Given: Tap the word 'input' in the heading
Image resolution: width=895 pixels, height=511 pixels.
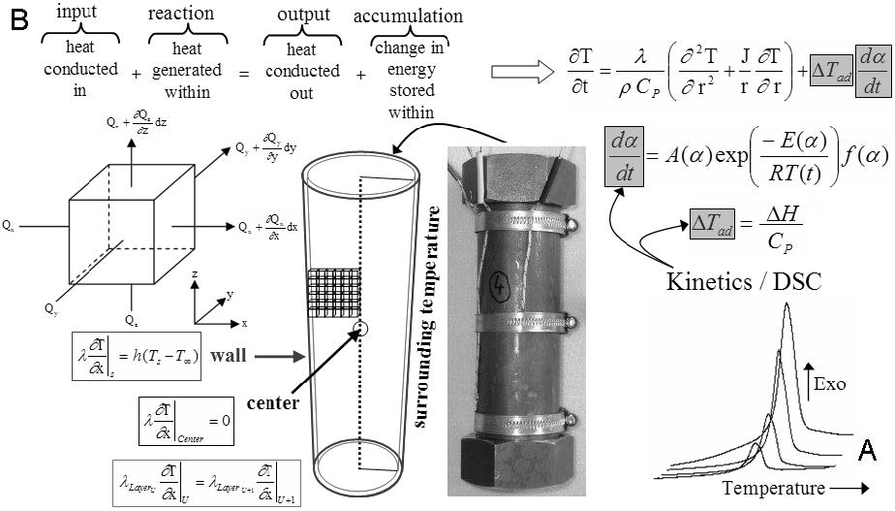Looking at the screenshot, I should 77,14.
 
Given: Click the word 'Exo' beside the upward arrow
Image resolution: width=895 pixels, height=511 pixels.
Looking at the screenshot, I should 830,383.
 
